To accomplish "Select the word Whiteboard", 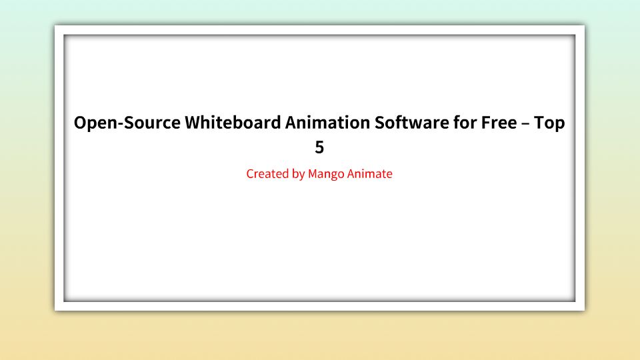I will (231, 124).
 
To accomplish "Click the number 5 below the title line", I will (319, 147).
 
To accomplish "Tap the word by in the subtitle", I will (298, 175).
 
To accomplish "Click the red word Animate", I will (370, 175).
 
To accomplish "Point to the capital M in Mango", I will (313, 175).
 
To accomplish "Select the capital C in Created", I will (250, 175).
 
